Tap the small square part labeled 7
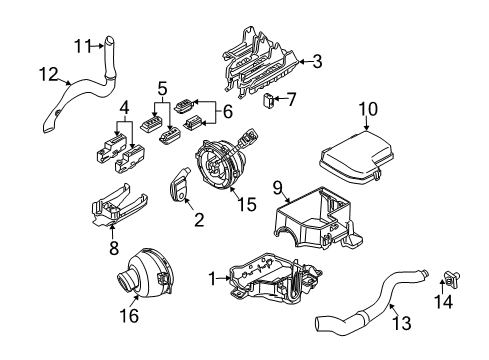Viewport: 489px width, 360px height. coord(270,98)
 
